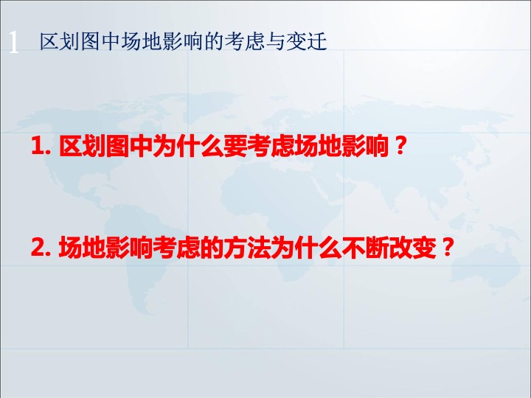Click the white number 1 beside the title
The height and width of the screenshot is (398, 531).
point(13,42)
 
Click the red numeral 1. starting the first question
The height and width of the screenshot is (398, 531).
point(41,146)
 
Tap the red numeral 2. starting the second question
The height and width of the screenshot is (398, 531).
point(41,248)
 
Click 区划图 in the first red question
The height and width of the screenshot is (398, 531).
point(94,146)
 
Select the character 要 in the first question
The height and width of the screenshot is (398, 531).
point(235,146)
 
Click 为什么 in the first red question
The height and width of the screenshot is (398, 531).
point(188,146)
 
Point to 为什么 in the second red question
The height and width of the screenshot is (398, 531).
point(306,248)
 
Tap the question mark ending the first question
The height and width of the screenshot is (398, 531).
point(400,146)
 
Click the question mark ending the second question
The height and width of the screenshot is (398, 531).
point(447,248)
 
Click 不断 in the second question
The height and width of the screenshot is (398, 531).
point(365,248)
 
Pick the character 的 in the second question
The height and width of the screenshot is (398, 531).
point(212,248)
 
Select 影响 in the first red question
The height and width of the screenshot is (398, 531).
point(365,146)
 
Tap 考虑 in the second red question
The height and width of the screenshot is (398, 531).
point(176,248)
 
